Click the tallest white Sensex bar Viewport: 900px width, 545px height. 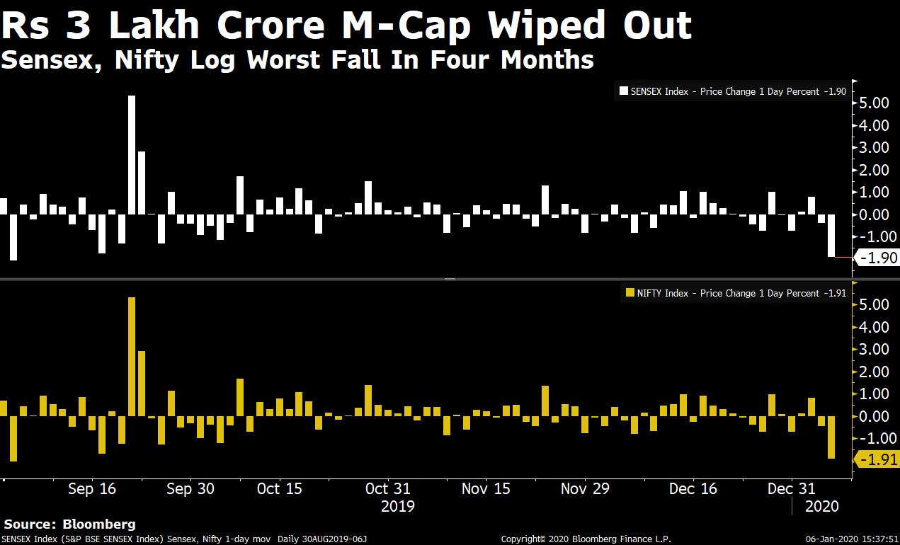(132, 154)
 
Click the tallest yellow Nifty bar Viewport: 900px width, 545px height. (132, 356)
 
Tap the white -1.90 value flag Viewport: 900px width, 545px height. (879, 258)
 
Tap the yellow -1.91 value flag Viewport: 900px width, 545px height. (879, 460)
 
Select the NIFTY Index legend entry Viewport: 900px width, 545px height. (736, 293)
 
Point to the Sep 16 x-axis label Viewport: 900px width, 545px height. (92, 488)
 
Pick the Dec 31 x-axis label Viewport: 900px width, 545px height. (792, 488)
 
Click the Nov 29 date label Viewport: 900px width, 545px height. (584, 488)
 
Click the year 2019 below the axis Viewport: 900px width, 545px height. (397, 506)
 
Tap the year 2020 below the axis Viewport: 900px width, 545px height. (821, 506)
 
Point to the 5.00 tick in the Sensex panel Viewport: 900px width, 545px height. (875, 103)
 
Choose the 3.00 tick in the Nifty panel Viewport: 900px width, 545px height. (875, 349)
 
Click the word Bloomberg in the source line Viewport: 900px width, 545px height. (99, 524)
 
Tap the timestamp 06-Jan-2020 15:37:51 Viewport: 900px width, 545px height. (853, 539)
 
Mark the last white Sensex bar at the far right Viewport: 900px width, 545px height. (831, 236)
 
